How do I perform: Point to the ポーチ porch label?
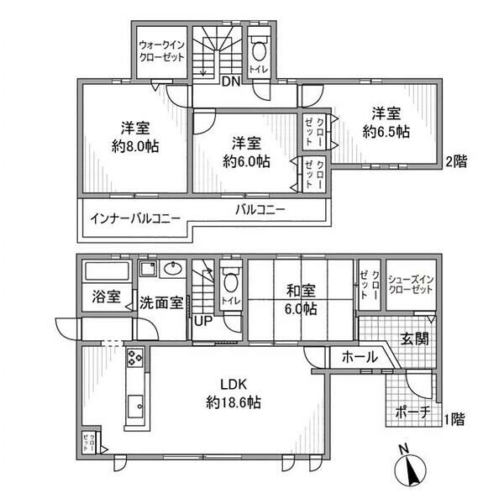[412, 412]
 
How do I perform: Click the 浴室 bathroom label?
[106, 298]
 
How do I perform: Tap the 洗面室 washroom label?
[160, 302]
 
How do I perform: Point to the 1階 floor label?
[456, 417]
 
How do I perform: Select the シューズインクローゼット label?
[412, 282]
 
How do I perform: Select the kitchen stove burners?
[134, 362]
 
